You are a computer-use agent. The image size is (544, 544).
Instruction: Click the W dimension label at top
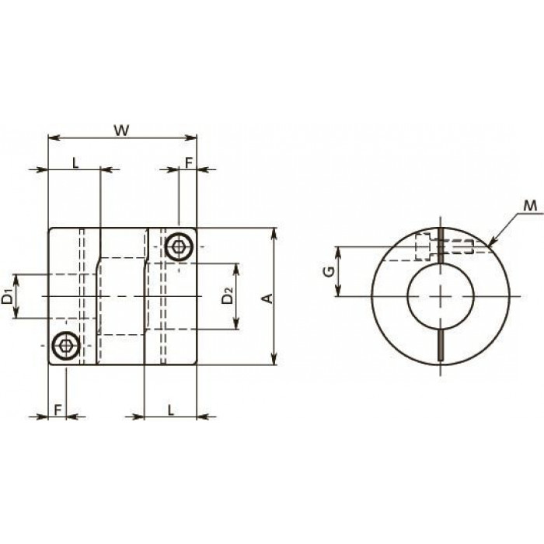[122, 131]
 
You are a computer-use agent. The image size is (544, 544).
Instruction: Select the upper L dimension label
[75, 162]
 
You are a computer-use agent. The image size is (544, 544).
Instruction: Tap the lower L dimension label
[171, 410]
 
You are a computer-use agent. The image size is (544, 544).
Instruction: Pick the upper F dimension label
[188, 162]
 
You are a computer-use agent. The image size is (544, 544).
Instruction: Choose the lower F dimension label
[58, 410]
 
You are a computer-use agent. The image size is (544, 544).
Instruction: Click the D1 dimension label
[7, 295]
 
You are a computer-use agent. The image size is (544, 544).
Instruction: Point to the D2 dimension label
[227, 295]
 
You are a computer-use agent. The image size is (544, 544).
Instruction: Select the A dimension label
[268, 298]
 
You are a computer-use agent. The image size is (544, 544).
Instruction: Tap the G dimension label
[329, 271]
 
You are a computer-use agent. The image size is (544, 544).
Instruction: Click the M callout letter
[530, 206]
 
